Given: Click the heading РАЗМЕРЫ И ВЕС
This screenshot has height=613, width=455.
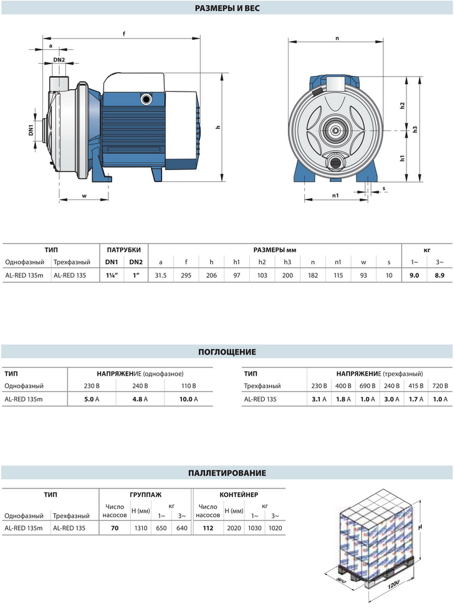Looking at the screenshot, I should (227, 8).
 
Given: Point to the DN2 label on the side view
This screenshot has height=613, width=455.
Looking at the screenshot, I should (59, 60).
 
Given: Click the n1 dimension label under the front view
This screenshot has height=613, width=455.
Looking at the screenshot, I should (335, 196).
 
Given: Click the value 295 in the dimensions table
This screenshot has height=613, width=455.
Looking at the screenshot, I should (186, 275).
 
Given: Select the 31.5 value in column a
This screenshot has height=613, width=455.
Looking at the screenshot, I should (161, 275).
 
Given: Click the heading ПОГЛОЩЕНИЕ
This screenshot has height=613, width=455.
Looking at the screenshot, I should (227, 352).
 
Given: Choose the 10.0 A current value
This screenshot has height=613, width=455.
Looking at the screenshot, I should (188, 399).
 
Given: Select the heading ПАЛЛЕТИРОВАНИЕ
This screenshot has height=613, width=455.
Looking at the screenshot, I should (227, 473).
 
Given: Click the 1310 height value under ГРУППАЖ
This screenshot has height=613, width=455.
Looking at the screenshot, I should (141, 528).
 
